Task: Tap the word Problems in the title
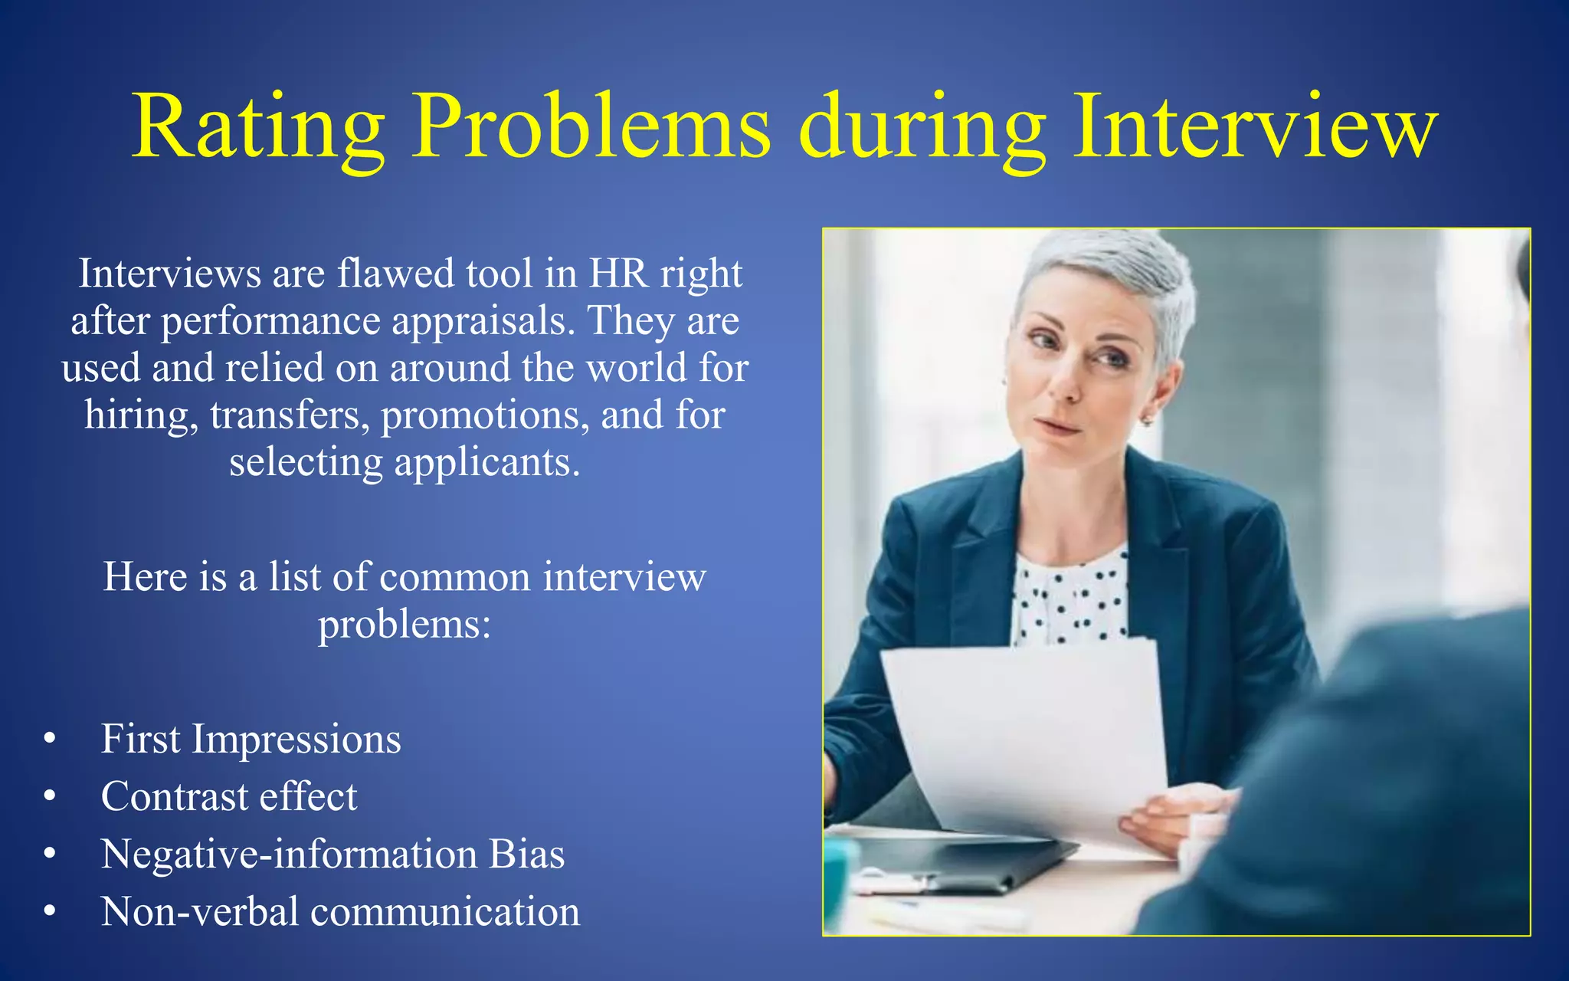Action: click(591, 127)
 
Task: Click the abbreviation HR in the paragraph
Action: click(617, 274)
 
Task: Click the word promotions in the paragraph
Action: click(485, 416)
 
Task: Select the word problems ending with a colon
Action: click(404, 625)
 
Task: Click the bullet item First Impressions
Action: click(251, 739)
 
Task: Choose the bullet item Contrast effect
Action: click(229, 796)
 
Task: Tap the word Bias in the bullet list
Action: click(526, 854)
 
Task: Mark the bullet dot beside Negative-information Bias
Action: click(50, 853)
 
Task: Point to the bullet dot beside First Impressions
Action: click(50, 738)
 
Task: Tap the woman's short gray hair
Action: click(1111, 268)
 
